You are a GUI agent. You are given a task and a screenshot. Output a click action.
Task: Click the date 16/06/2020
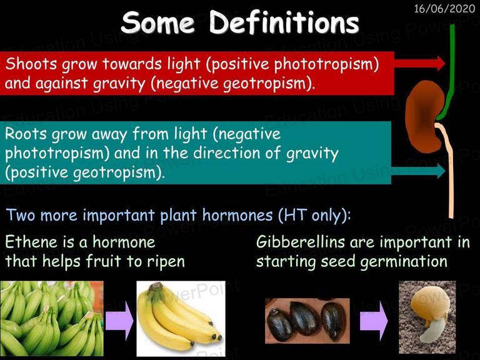coord(444,8)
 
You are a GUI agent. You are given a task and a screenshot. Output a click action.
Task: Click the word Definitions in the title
coord(284,22)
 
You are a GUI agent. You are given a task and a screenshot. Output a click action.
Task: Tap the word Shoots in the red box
coord(31,64)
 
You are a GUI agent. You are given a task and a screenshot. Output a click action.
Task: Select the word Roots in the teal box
coord(26,134)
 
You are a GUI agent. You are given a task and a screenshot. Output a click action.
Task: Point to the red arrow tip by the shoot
coord(444,63)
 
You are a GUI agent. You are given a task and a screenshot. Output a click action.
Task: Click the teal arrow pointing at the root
coord(418,171)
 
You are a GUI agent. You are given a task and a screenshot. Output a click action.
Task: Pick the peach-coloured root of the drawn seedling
coord(449,171)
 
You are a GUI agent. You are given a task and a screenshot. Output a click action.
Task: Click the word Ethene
coord(31,242)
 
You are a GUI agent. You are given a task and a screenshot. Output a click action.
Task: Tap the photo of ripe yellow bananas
coord(181,319)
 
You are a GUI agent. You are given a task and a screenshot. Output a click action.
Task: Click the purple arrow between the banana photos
coord(120,321)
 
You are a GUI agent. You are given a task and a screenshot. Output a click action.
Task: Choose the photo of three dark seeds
coord(307,321)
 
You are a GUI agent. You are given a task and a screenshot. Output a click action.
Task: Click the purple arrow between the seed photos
coord(374,321)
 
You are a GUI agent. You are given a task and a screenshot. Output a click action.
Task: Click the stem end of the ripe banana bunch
coord(156,286)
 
